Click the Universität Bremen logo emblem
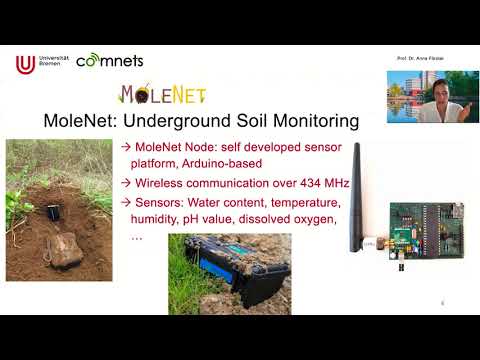click(25, 64)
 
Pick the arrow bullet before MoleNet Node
click(126, 147)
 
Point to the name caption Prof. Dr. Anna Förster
click(418, 60)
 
